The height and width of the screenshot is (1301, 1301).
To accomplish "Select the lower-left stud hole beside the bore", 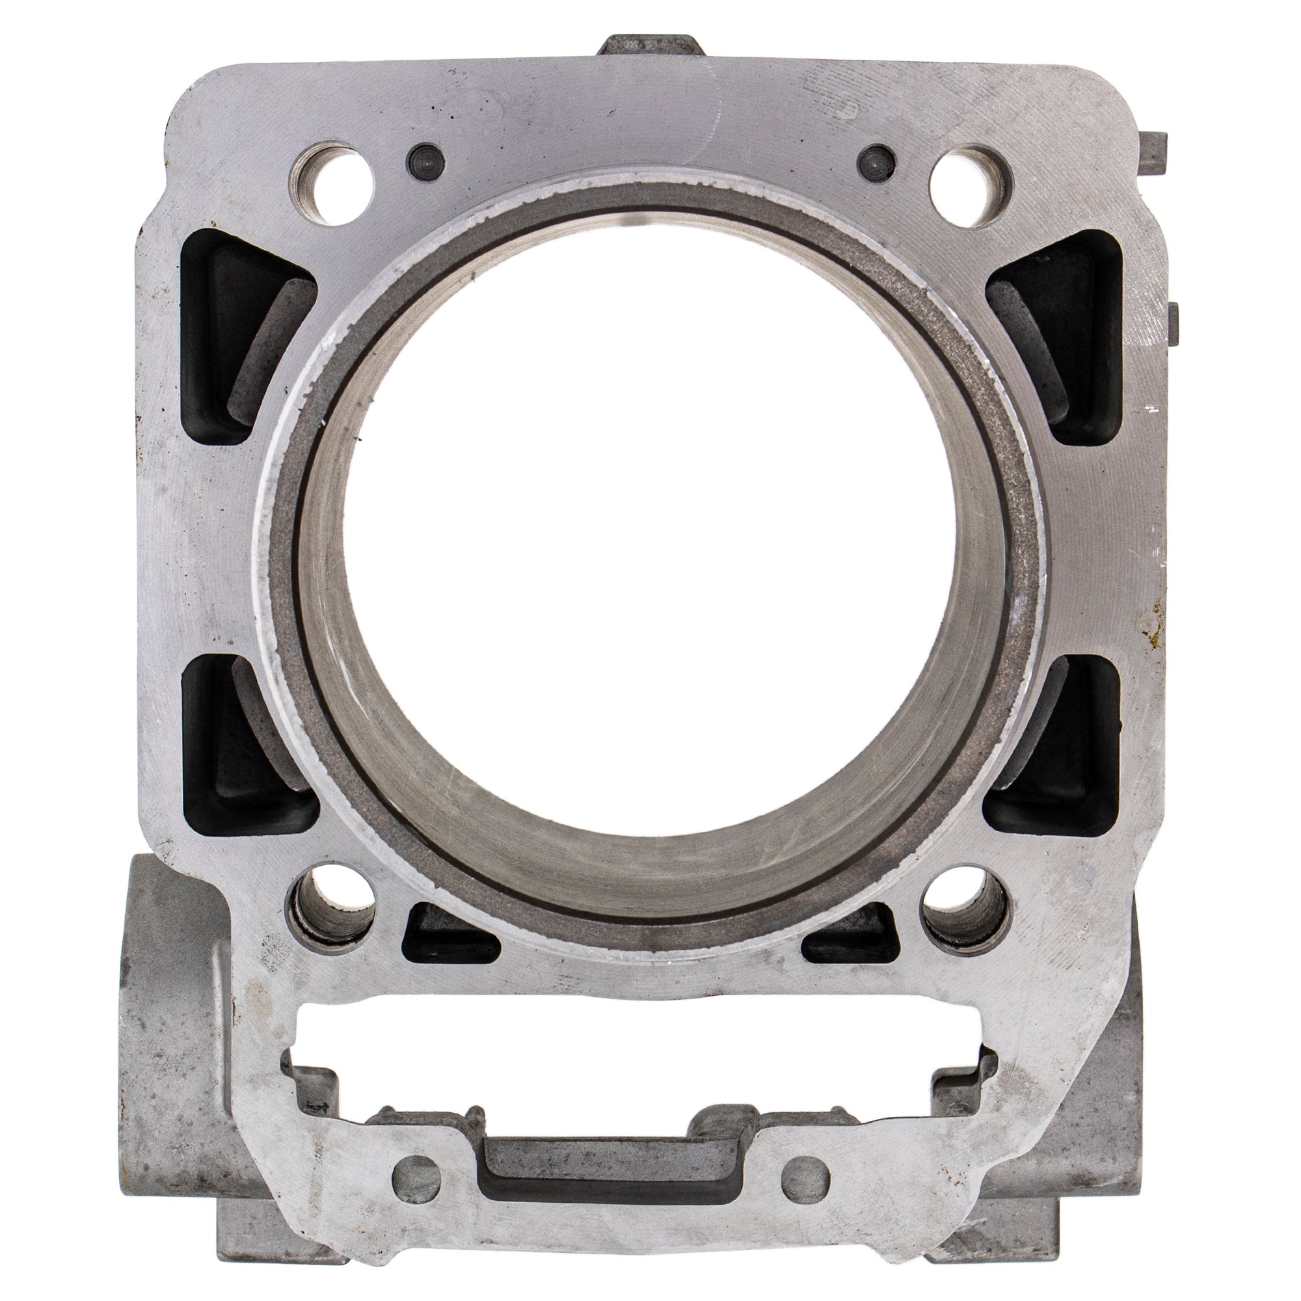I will [332, 906].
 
